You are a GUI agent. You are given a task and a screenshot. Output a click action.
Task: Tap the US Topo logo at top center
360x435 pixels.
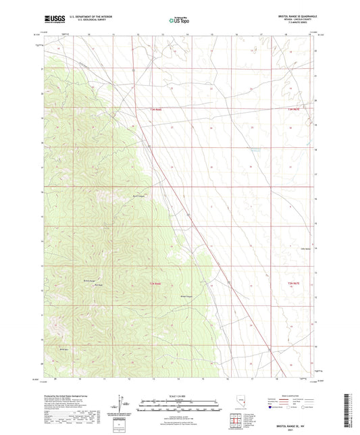point(179,20)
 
